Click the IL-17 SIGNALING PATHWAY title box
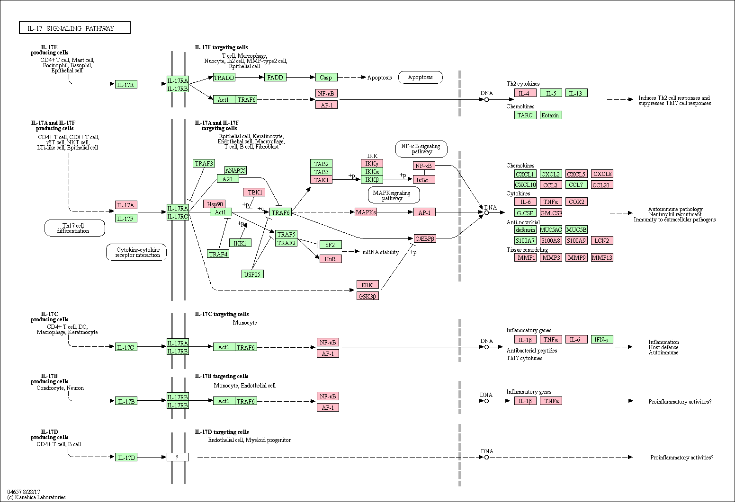point(75,28)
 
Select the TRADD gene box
point(224,78)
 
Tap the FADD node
point(275,78)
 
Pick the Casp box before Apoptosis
point(326,78)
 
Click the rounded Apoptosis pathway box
point(421,78)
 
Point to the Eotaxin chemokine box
point(551,115)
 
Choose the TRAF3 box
point(204,163)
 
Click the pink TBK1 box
point(254,192)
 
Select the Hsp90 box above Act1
point(215,204)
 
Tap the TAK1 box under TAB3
point(321,180)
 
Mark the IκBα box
point(424,179)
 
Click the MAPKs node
point(366,212)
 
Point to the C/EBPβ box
point(425,239)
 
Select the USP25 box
point(252,274)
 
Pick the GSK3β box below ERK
point(367,296)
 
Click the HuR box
point(331,259)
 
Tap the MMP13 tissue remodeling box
point(602,257)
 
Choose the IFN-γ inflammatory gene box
point(602,339)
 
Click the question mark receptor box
point(178,457)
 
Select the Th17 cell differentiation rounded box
point(75,228)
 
